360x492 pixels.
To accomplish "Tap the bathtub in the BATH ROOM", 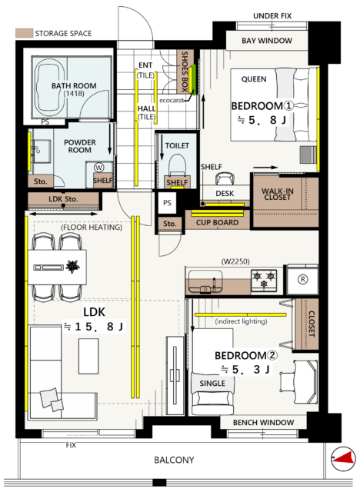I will coord(66,85).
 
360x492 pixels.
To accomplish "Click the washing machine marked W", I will coord(99,167).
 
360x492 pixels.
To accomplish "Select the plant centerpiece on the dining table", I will coord(73,268).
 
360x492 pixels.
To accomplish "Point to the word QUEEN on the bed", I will coord(254,79).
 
